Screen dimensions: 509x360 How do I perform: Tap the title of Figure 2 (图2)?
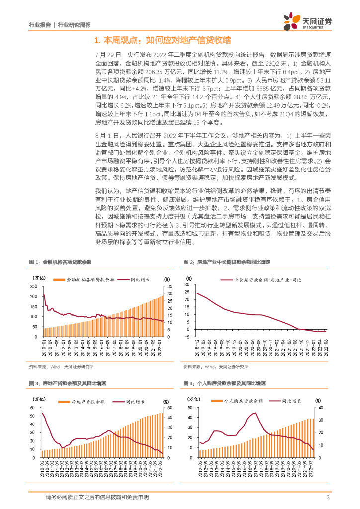coord(227,262)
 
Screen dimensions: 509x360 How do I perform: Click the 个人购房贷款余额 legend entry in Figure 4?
coord(244,400)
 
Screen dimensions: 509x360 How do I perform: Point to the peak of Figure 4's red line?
coord(255,413)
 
